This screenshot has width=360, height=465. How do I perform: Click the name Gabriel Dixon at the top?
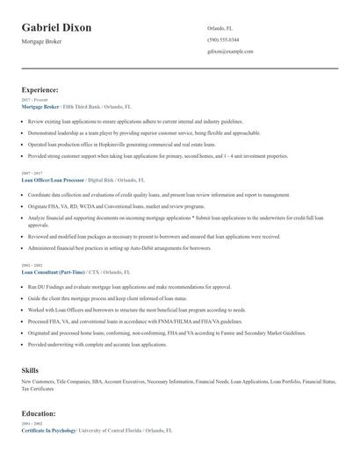[56, 28]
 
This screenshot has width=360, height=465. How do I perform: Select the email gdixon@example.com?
[230, 52]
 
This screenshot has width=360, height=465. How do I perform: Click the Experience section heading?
[40, 89]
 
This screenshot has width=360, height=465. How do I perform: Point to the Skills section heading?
[30, 370]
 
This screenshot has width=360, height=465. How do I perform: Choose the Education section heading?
[39, 413]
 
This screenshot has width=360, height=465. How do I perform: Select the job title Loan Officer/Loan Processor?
[53, 179]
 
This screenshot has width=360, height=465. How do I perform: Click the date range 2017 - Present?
[34, 100]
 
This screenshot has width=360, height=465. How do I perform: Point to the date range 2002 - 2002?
[32, 266]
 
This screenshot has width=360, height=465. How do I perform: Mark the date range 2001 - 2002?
[32, 425]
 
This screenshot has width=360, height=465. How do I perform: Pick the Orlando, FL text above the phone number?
[220, 28]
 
